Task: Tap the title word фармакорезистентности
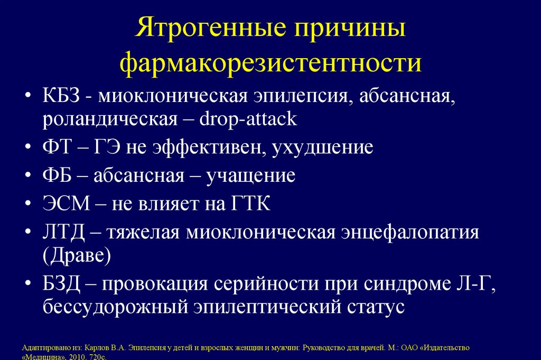click(270, 63)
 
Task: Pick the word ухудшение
click(323, 147)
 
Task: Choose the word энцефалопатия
click(407, 232)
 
